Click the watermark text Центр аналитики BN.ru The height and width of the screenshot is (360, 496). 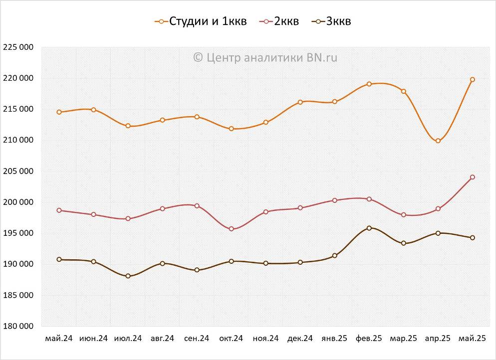[265, 57]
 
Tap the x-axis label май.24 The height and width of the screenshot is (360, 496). [59, 339]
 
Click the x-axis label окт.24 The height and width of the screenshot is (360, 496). [231, 339]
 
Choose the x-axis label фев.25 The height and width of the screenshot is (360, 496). [369, 339]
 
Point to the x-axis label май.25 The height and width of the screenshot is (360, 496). [472, 339]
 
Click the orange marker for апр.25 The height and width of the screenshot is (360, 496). [438, 141]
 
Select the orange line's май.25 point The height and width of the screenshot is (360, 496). [473, 79]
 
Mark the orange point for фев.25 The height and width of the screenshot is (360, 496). [369, 84]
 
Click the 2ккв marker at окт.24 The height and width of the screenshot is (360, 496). [231, 229]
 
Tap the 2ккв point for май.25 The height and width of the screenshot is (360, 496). [473, 177]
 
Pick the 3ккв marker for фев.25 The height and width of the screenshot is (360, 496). [369, 228]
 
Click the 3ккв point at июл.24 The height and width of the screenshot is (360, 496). [128, 276]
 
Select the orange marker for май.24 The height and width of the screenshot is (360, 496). [59, 112]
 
